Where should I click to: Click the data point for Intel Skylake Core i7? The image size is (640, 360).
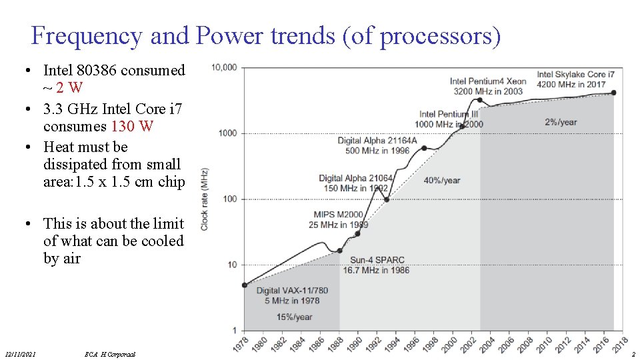click(x=613, y=93)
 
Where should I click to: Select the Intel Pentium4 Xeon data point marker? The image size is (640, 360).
click(x=480, y=100)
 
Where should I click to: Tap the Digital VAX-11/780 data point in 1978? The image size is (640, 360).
click(x=244, y=285)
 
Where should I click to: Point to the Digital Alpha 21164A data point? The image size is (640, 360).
click(x=424, y=148)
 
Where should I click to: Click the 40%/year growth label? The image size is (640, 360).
click(x=441, y=180)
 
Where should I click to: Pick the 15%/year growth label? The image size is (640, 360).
click(x=294, y=317)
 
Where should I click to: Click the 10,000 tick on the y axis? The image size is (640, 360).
click(x=224, y=67)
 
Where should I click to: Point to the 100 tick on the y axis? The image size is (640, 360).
click(x=229, y=199)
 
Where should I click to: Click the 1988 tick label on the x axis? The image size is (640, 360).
click(x=337, y=344)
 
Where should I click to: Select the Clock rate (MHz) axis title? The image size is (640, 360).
click(x=205, y=199)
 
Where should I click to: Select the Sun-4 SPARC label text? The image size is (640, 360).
click(x=377, y=260)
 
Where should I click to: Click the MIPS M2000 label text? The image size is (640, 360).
click(x=339, y=214)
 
